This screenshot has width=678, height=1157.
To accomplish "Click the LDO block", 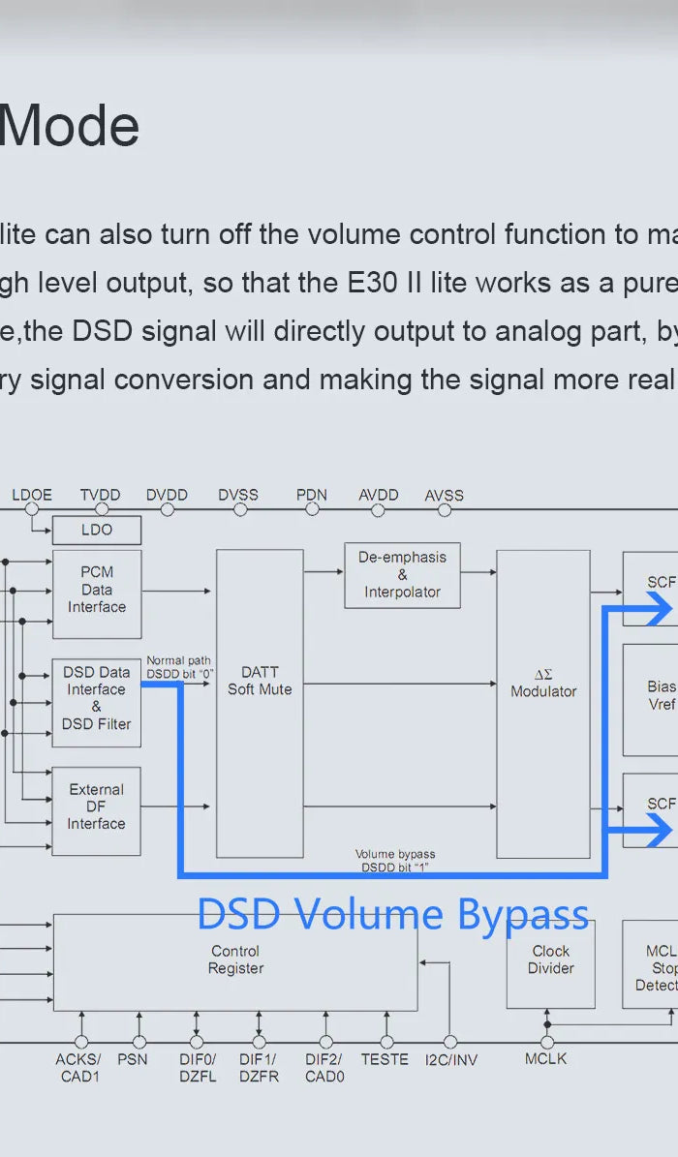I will point(96,530).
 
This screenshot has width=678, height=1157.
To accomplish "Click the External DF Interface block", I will point(96,810).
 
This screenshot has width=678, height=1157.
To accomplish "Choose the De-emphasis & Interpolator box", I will point(402,575).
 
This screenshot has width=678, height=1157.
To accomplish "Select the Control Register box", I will point(235,960).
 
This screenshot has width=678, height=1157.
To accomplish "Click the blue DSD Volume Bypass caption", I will point(393,914).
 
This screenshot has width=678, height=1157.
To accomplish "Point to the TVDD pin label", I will point(100,495).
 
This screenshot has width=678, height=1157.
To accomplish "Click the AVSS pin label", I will point(445,496).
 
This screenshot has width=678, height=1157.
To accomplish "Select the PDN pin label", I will point(312,495).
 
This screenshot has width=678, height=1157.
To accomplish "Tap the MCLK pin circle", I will point(546,1042).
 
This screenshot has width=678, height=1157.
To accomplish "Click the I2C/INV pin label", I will point(451,1060).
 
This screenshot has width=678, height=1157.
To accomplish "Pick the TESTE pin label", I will point(385,1059).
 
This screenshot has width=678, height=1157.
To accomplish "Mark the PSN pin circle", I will point(139,1042).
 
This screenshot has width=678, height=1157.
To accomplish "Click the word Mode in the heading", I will point(70,127).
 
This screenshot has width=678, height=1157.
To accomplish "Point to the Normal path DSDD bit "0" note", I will point(179,667).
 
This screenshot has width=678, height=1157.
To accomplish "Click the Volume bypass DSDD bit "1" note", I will point(395,861).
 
